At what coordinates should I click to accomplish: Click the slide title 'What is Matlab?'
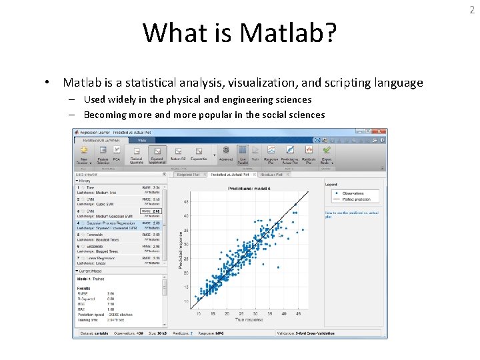240,33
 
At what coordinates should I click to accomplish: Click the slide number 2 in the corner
471,8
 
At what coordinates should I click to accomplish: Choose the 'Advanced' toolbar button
226,155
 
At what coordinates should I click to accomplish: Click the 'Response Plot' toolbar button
272,155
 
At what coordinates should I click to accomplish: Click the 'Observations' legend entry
352,193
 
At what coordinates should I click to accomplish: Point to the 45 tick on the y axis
186,201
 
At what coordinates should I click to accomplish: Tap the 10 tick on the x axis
199,313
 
